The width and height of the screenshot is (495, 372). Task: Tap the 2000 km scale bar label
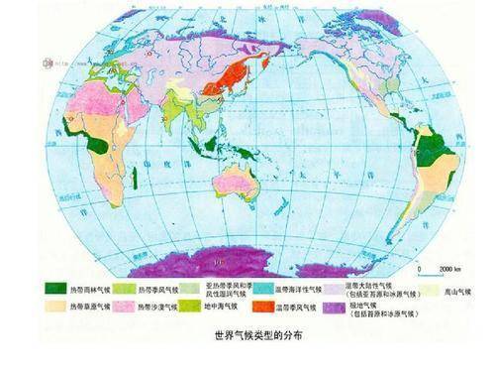pos(436,269)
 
